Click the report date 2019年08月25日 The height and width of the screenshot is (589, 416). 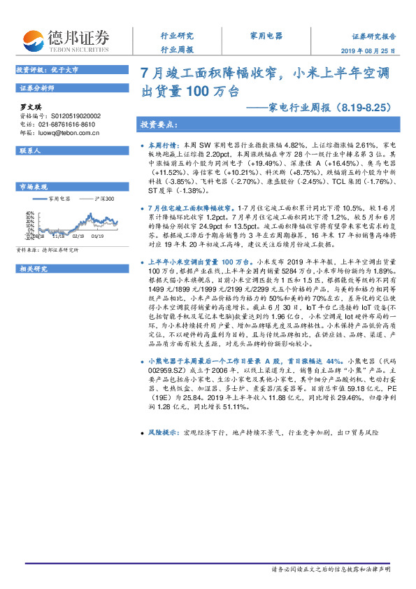[374, 50]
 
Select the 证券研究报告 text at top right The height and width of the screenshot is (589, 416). [373, 36]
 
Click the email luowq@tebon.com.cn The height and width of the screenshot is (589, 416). [68, 132]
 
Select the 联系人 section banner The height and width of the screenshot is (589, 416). [31, 150]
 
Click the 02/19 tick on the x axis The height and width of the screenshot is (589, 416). [78, 237]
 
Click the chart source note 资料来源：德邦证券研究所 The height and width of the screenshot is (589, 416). [47, 249]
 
